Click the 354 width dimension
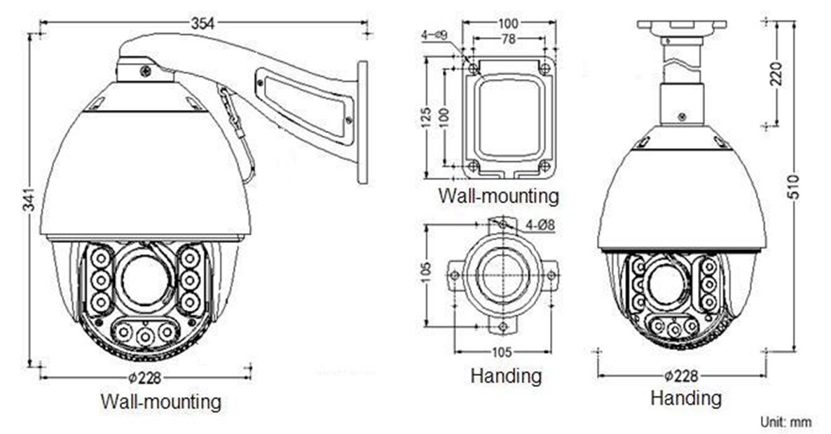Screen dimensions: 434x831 [202, 23]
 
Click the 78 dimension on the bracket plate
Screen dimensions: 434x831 [509, 39]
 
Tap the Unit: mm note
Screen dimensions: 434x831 [785, 421]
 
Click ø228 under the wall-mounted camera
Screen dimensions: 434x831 [145, 378]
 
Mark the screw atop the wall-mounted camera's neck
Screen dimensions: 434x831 [145, 71]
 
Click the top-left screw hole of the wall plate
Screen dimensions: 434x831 [474, 69]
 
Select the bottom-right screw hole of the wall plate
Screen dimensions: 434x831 [544, 166]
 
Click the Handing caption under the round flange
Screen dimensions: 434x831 [506, 376]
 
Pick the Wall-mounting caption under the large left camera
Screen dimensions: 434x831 [160, 402]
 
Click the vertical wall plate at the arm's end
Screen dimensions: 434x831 [362, 122]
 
